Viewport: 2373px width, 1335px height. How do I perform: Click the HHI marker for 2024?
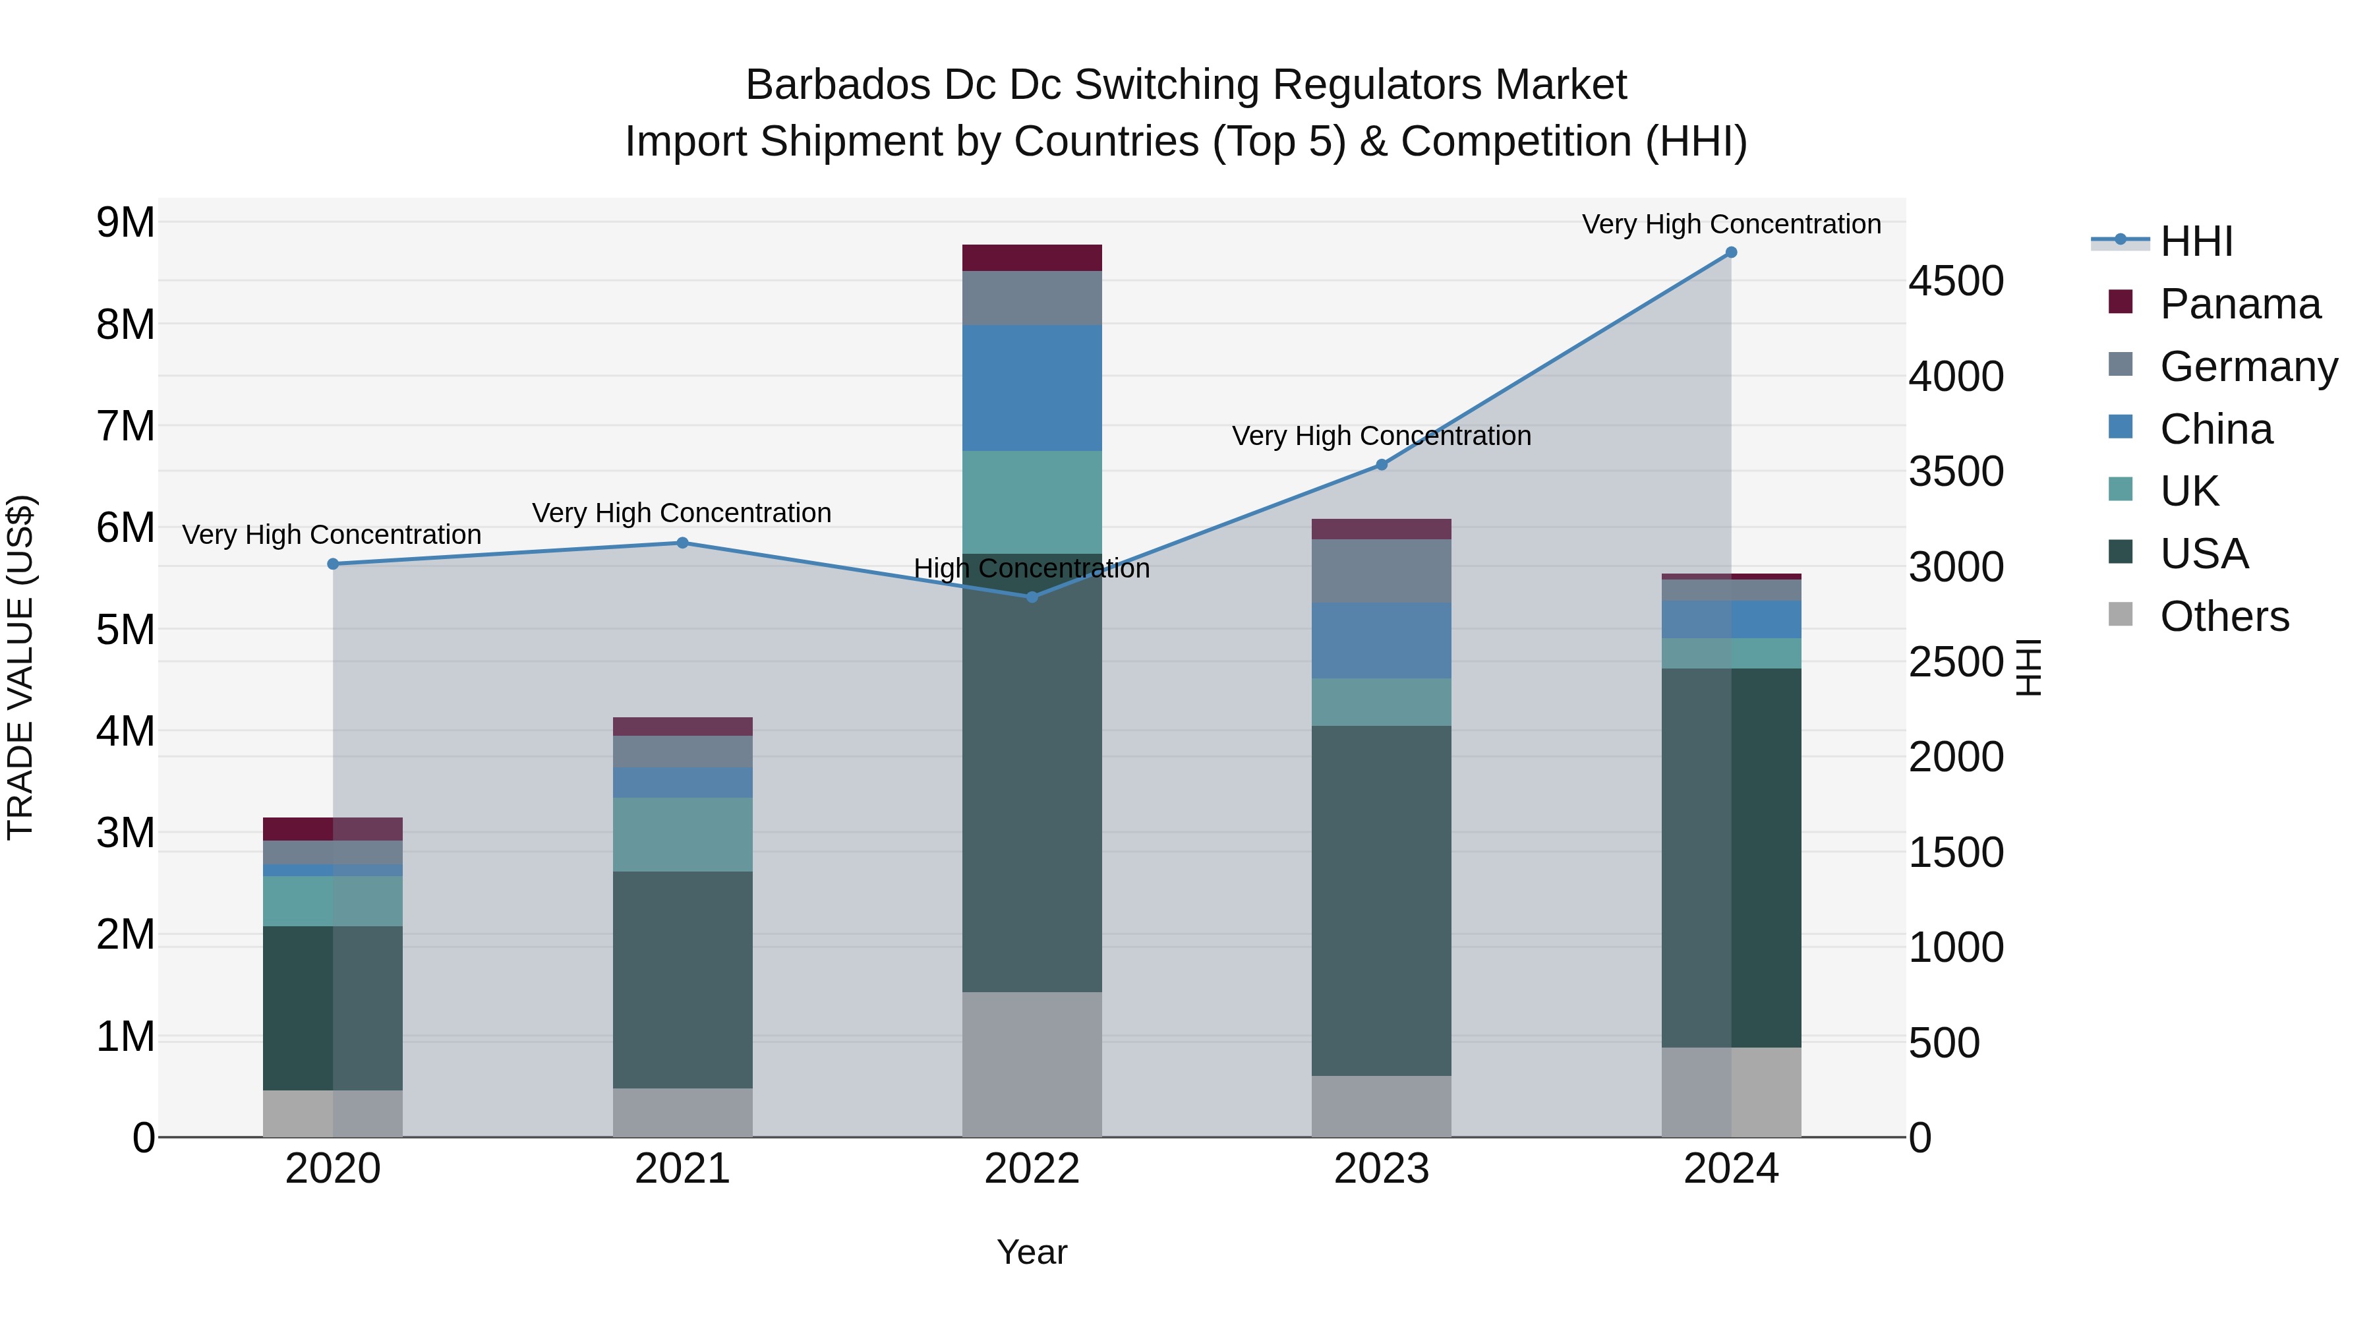click(1730, 252)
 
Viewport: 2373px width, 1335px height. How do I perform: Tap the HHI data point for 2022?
click(1032, 597)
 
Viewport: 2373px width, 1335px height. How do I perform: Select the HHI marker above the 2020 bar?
click(334, 564)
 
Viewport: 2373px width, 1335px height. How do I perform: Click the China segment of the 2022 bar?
click(1032, 388)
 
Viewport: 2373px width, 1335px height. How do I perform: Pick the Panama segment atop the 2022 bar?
click(1032, 258)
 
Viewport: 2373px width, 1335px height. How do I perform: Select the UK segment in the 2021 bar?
click(683, 835)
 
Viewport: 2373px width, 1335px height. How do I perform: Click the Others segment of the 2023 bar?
click(1381, 1106)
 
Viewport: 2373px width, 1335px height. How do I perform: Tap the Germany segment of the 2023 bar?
click(1381, 571)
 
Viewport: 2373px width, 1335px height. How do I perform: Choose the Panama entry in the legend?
click(2239, 304)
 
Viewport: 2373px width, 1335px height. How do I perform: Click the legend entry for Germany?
click(2248, 367)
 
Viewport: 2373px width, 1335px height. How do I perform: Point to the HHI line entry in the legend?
click(2196, 241)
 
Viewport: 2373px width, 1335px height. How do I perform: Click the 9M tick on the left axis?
click(125, 222)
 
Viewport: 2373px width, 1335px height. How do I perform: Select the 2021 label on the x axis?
click(683, 1169)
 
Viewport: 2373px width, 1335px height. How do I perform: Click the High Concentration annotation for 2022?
click(1032, 568)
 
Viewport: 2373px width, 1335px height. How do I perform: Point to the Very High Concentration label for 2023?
click(1381, 436)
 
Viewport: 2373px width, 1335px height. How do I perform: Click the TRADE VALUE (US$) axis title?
click(20, 667)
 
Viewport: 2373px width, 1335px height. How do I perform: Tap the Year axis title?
click(1032, 1252)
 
